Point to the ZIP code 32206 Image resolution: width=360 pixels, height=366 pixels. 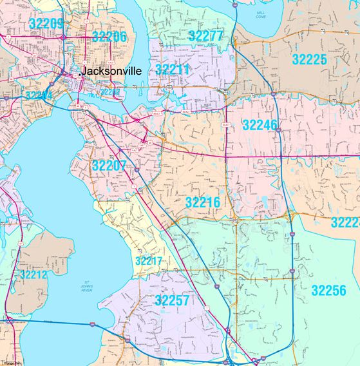click(109, 37)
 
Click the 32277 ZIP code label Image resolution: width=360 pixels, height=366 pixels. click(205, 35)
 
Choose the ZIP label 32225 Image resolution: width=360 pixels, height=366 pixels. click(309, 60)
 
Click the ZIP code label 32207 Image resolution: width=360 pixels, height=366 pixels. click(109, 166)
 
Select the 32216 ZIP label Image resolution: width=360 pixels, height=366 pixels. click(203, 202)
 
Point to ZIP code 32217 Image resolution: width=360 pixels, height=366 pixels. click(151, 261)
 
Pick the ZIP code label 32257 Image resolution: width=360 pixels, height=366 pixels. click(172, 300)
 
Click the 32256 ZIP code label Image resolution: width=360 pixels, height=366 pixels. click(328, 290)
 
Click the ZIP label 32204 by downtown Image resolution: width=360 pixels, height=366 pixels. click(37, 95)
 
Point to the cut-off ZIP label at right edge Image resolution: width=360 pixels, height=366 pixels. click(346, 222)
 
